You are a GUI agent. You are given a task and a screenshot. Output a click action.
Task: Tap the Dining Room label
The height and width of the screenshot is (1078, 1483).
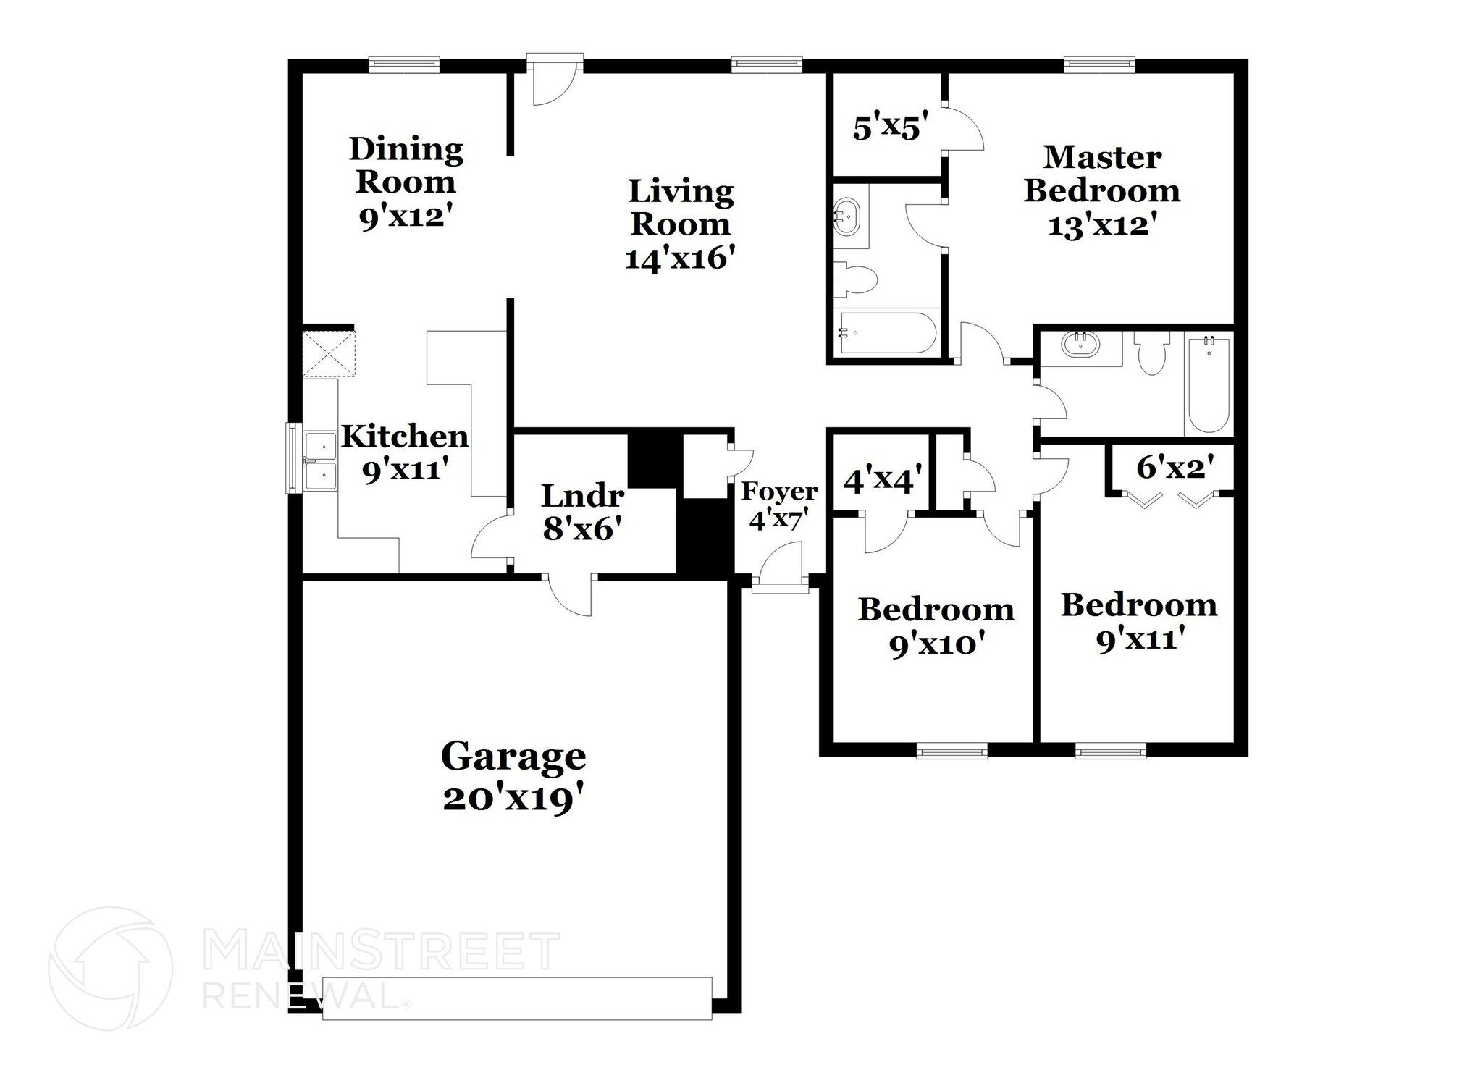click(x=406, y=165)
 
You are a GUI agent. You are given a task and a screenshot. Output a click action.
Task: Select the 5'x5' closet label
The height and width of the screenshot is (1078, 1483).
click(x=886, y=128)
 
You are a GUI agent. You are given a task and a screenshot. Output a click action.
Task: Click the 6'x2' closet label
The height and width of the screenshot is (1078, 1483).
click(x=1174, y=467)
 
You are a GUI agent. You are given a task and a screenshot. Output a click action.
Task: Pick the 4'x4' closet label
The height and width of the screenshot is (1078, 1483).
click(x=882, y=479)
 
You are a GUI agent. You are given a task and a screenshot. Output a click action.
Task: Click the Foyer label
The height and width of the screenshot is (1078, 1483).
click(x=779, y=492)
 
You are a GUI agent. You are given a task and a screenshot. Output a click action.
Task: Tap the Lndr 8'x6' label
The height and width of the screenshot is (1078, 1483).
click(x=582, y=512)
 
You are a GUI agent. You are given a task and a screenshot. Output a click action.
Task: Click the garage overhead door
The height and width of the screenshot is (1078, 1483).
click(x=516, y=998)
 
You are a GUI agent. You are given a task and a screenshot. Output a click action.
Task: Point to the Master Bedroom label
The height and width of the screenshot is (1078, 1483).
click(x=1101, y=174)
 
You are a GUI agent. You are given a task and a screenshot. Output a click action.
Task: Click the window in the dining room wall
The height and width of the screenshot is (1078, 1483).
click(x=403, y=65)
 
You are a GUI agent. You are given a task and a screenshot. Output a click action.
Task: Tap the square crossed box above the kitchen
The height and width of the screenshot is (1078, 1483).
click(x=329, y=354)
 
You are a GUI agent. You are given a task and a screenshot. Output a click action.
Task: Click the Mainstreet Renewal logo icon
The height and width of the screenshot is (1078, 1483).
click(x=110, y=968)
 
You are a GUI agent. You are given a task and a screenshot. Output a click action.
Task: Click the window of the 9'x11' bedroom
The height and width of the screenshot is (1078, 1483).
click(x=1110, y=753)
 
